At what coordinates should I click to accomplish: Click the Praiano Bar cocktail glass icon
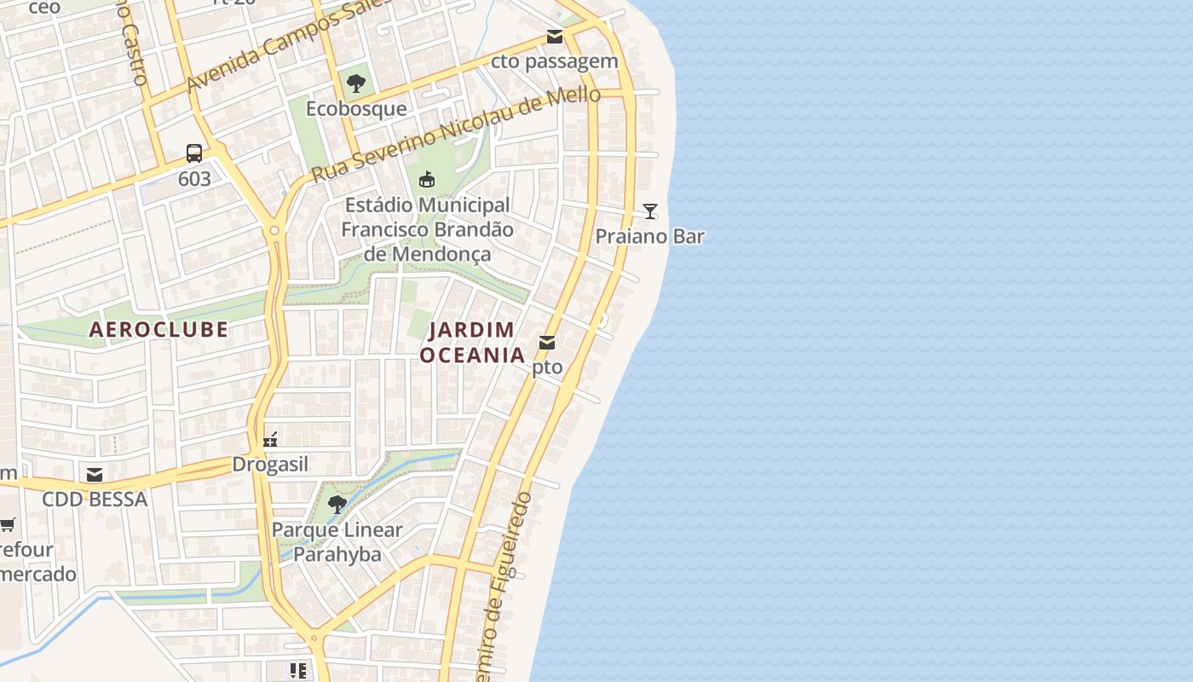click(x=650, y=211)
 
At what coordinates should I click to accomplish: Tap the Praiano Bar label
click(x=649, y=236)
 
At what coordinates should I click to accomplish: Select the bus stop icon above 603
click(x=194, y=153)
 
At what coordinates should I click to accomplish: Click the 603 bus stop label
click(x=194, y=180)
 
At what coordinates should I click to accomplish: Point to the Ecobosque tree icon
click(x=356, y=84)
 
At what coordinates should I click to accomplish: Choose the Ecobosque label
click(x=356, y=109)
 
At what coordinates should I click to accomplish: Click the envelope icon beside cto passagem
click(x=555, y=36)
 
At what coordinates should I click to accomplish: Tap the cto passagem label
click(x=554, y=61)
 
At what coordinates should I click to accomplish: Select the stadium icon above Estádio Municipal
click(x=427, y=179)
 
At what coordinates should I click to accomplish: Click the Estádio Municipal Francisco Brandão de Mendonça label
click(x=428, y=229)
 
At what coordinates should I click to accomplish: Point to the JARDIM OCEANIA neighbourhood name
click(x=472, y=342)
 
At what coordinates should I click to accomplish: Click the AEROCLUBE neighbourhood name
click(x=159, y=329)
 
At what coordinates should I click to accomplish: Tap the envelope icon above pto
click(x=547, y=343)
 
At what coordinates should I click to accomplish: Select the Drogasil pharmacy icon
click(x=270, y=440)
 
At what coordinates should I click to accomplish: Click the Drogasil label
click(x=270, y=465)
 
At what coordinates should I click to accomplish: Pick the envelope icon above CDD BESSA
click(x=95, y=474)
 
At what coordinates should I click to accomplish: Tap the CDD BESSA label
click(x=95, y=500)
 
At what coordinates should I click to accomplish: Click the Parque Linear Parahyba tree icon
click(x=337, y=504)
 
